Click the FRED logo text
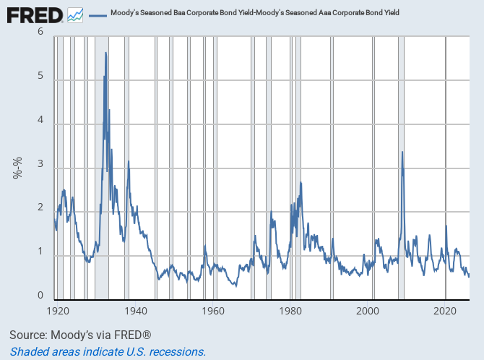(x=35, y=15)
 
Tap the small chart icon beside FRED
(x=75, y=15)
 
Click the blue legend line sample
(x=98, y=15)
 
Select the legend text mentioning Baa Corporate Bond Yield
(x=255, y=13)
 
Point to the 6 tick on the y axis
(x=40, y=31)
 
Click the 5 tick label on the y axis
(x=40, y=75)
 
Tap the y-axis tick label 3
(x=40, y=163)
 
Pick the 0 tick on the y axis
(x=40, y=295)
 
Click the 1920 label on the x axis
(x=58, y=311)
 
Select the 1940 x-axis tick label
(x=136, y=311)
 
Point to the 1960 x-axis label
(x=213, y=311)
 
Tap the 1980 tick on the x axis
(x=290, y=311)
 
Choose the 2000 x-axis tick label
(x=368, y=311)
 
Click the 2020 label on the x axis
(x=445, y=311)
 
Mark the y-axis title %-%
(x=17, y=168)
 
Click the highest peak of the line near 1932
(x=106, y=53)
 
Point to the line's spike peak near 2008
(x=402, y=152)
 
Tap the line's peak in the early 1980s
(x=301, y=182)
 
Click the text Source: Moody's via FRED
(x=80, y=335)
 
